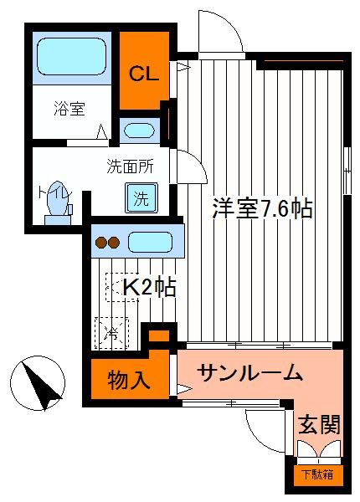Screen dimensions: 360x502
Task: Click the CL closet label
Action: (x=143, y=74)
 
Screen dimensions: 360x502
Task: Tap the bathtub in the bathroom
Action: (x=71, y=57)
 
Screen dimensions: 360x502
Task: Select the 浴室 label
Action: (x=69, y=108)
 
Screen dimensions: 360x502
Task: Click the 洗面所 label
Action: (x=130, y=166)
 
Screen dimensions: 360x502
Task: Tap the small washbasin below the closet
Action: (x=139, y=131)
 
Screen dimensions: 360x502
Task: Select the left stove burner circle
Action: (x=101, y=243)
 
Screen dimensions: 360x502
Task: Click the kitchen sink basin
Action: (x=150, y=242)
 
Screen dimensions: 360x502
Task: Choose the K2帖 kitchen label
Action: (x=150, y=287)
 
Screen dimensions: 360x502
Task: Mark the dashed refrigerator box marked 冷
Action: (x=111, y=332)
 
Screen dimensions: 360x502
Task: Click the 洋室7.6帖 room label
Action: (x=262, y=208)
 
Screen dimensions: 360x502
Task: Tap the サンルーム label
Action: (x=250, y=373)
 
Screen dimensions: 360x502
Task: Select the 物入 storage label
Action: (x=128, y=380)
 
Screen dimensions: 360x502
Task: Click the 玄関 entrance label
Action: (x=319, y=424)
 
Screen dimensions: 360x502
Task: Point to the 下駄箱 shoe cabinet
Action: (x=318, y=474)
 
